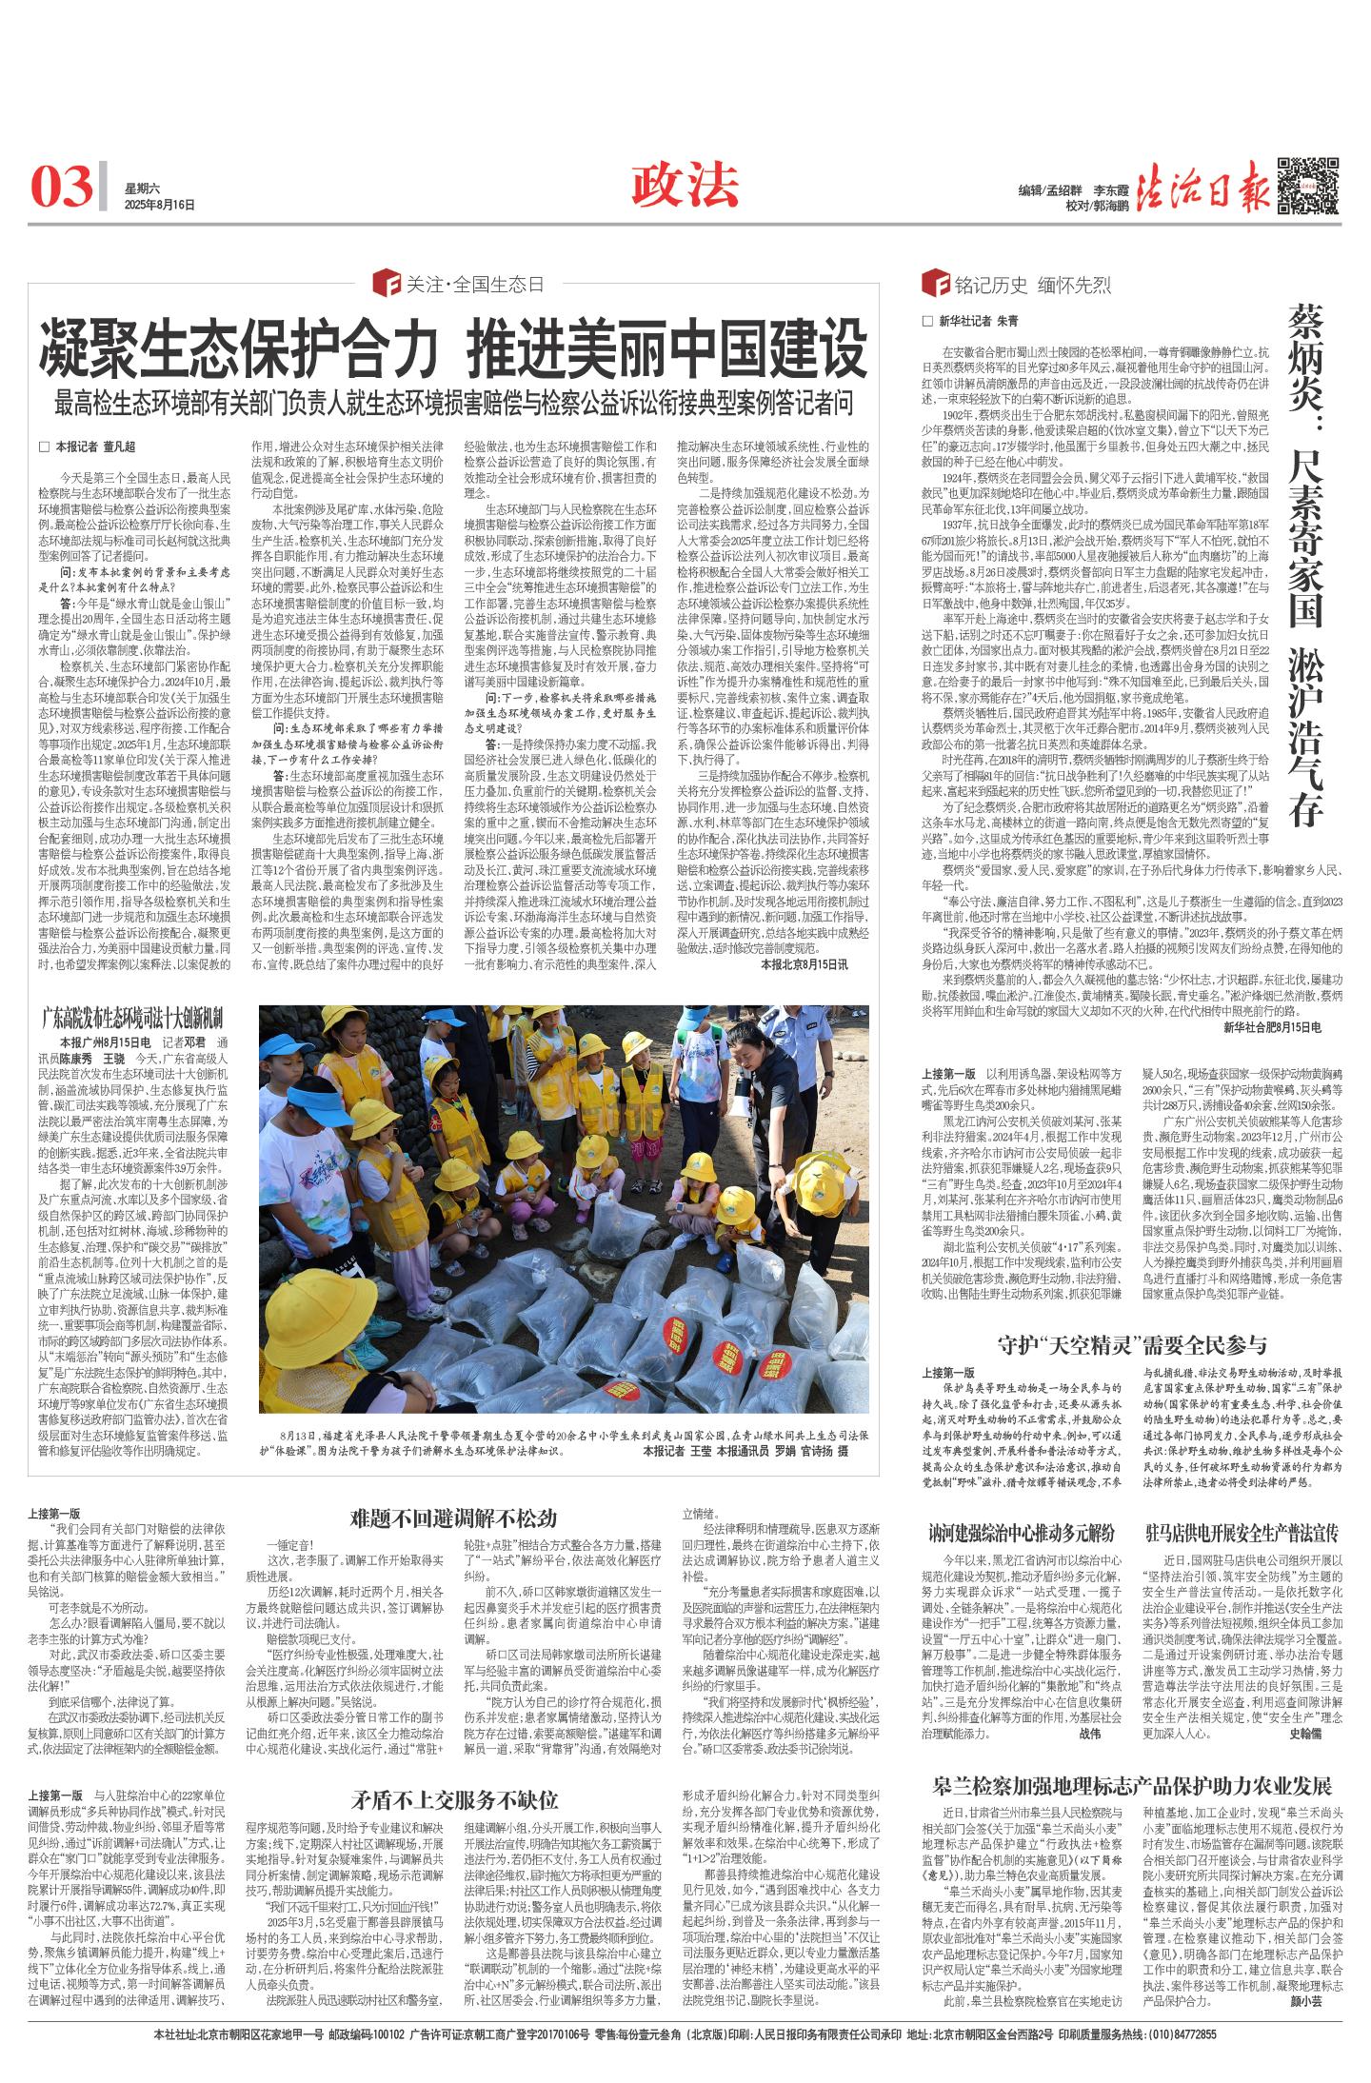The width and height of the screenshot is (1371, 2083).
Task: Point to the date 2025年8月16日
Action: [159, 205]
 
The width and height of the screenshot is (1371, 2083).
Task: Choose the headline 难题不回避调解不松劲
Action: [452, 1518]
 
